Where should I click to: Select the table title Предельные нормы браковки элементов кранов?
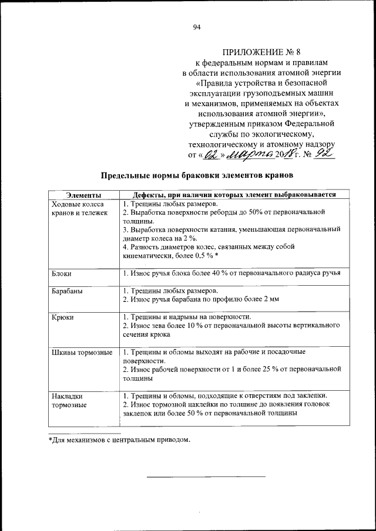tap(196, 175)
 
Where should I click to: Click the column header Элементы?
tap(83, 195)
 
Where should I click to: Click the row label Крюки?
tap(63, 317)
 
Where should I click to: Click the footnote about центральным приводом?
tap(119, 439)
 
